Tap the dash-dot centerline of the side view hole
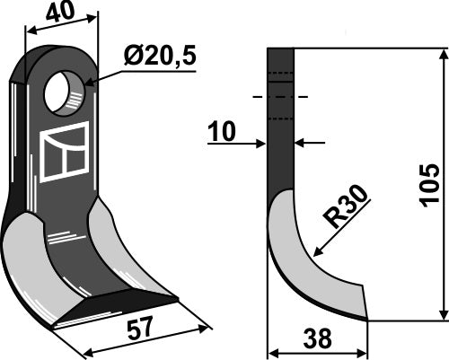(x=280, y=96)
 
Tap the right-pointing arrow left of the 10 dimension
(x=260, y=141)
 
